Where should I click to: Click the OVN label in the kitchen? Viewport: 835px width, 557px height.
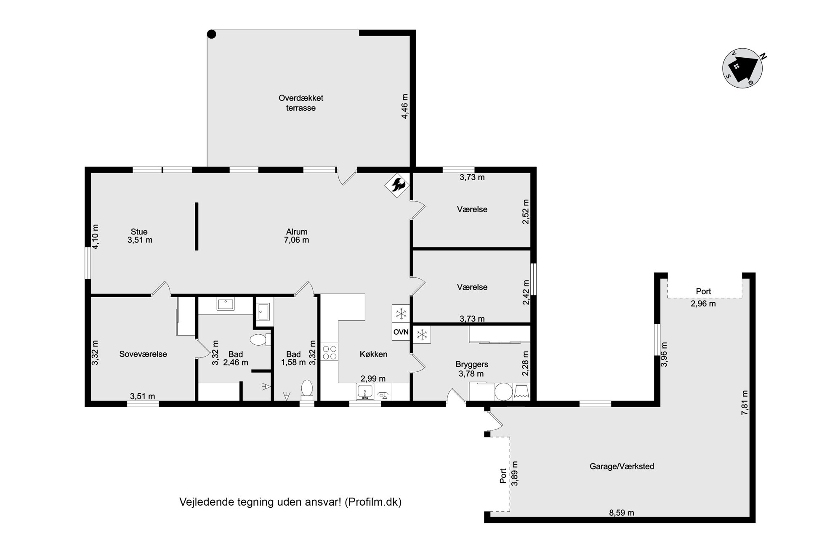click(x=401, y=332)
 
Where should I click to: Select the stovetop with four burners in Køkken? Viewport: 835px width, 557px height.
click(x=330, y=352)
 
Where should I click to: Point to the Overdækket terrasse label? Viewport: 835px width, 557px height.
click(x=301, y=103)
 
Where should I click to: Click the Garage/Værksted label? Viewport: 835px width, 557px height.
click(x=622, y=466)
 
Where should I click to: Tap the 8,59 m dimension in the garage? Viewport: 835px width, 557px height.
click(x=621, y=512)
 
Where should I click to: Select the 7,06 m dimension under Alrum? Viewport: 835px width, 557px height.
click(x=296, y=240)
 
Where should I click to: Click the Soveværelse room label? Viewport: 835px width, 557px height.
click(x=143, y=354)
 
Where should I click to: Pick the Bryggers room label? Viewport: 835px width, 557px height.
click(x=472, y=364)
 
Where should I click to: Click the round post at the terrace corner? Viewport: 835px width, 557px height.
click(x=212, y=34)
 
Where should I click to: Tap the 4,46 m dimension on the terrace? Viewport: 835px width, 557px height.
click(x=404, y=106)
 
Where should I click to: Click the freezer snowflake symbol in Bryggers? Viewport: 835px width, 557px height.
click(x=422, y=335)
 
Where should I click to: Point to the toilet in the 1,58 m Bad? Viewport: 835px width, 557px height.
click(x=307, y=389)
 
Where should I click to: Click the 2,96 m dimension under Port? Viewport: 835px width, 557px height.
click(x=703, y=304)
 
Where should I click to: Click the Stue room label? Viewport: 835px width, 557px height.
click(x=139, y=232)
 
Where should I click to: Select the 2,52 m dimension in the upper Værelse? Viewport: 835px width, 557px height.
click(x=526, y=211)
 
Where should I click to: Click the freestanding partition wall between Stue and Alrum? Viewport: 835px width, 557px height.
click(x=197, y=227)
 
